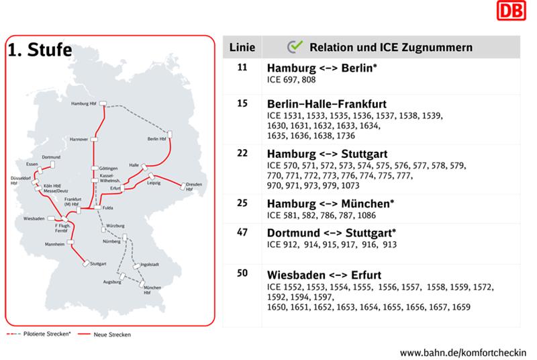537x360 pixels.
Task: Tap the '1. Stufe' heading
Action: coord(40,51)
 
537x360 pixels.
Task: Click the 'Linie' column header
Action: coord(242,48)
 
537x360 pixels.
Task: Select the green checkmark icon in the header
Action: coord(294,47)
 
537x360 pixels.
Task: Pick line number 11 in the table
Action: coord(243,69)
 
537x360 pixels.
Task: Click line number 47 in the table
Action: coord(243,232)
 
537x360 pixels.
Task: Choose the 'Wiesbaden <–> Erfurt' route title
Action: coord(325,275)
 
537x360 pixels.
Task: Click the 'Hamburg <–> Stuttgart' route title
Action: coord(327,154)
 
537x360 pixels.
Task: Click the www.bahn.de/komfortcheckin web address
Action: coord(463,352)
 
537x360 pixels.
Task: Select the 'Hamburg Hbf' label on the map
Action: coord(84,104)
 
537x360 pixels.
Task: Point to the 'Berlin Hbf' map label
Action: coord(156,139)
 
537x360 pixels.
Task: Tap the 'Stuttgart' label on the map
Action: coord(98,264)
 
